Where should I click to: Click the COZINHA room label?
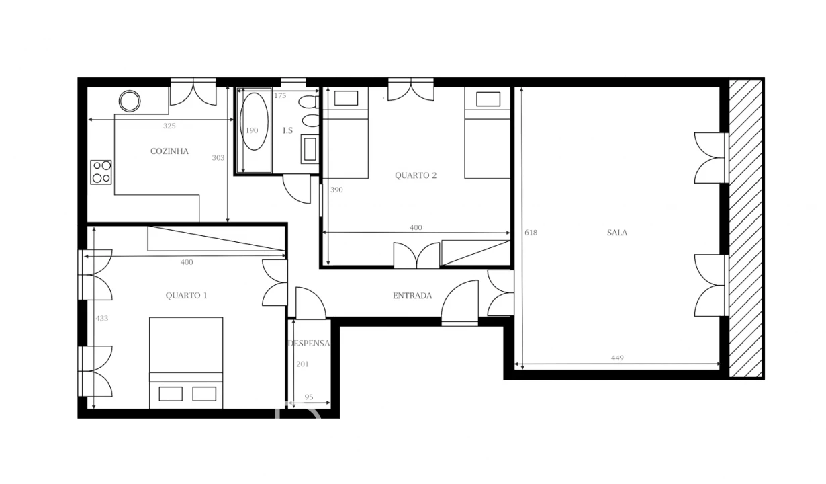point(169,151)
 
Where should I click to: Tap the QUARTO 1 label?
point(186,295)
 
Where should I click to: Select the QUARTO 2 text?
point(416,175)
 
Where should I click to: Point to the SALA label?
point(617,233)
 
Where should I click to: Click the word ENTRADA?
point(412,296)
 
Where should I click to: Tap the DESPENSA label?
point(309,343)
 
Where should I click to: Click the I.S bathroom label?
point(287,130)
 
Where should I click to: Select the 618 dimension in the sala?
point(531,233)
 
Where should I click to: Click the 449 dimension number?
point(617,358)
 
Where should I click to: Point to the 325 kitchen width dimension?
point(169,126)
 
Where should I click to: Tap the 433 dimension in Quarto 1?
point(101,318)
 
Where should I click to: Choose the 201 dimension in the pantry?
point(302,364)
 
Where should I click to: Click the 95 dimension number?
point(309,397)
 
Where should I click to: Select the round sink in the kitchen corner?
point(130,102)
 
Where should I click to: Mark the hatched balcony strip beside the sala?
point(745,229)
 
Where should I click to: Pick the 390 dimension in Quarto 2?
point(336,190)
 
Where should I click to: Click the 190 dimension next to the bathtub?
point(251,130)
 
